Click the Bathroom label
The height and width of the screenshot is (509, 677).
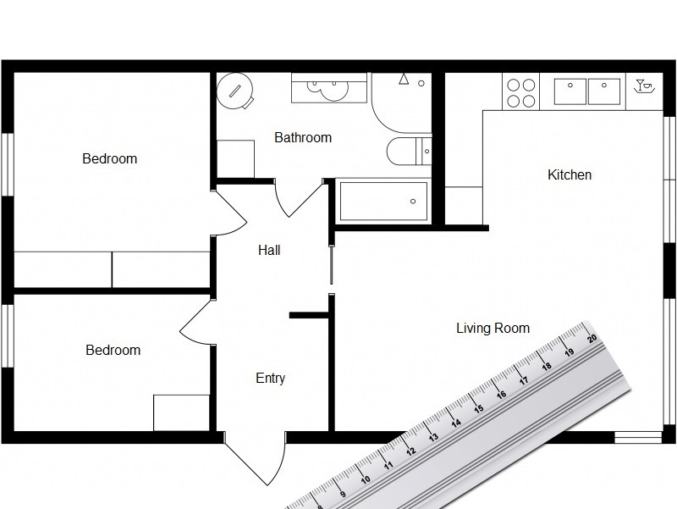pyautogui.click(x=303, y=137)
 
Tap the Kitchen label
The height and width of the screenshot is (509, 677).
pyautogui.click(x=570, y=175)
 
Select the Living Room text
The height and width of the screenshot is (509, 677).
pyautogui.click(x=493, y=329)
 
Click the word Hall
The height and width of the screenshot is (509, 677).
pyautogui.click(x=269, y=251)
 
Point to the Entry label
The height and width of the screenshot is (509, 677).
pyautogui.click(x=270, y=379)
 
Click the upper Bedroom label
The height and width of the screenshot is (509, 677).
pyautogui.click(x=109, y=158)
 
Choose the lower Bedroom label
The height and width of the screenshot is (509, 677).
pyautogui.click(x=113, y=350)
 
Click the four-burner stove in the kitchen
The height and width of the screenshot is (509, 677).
pyautogui.click(x=520, y=92)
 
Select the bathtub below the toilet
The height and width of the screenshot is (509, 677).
pyautogui.click(x=383, y=201)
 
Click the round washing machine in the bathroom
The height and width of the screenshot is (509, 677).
pyautogui.click(x=236, y=90)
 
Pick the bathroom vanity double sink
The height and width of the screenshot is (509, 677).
pyautogui.click(x=329, y=87)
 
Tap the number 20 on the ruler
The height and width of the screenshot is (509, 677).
pyautogui.click(x=592, y=338)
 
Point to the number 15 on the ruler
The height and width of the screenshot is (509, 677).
pyautogui.click(x=479, y=409)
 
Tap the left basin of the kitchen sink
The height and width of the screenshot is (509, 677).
pyautogui.click(x=570, y=91)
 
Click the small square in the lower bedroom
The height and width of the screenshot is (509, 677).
pyautogui.click(x=181, y=412)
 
